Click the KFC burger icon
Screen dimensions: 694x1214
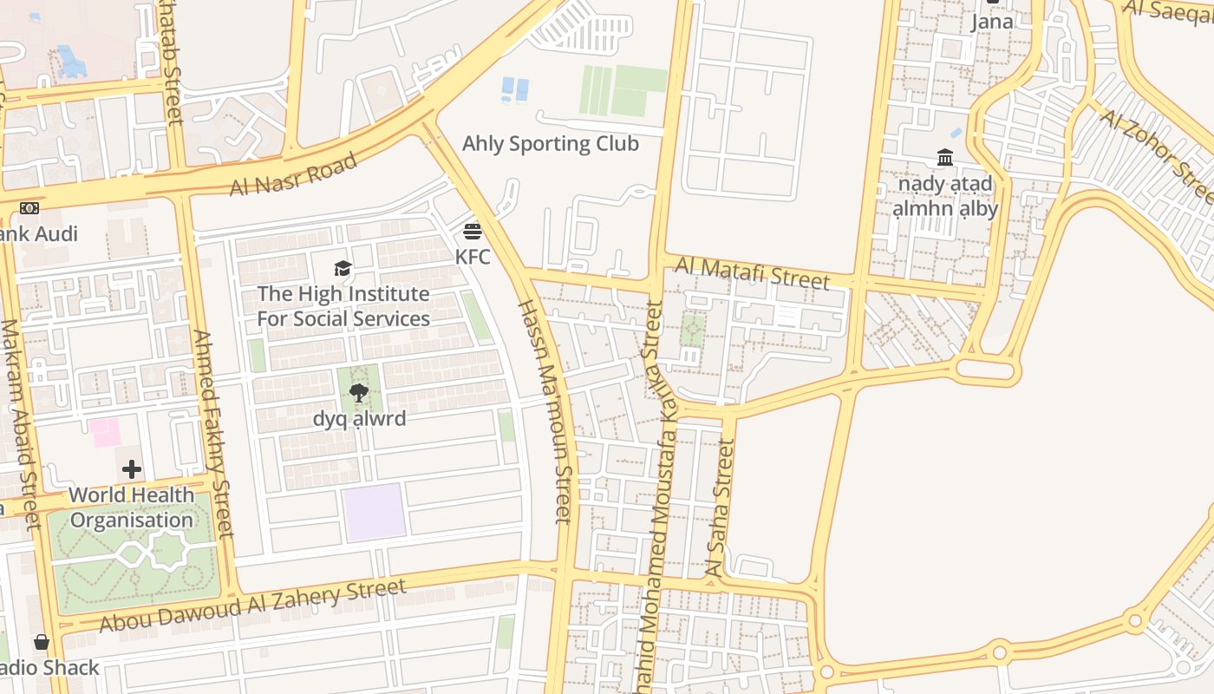click(473, 232)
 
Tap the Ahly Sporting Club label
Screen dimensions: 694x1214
click(550, 143)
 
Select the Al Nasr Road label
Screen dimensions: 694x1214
click(293, 174)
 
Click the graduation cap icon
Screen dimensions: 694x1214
click(343, 268)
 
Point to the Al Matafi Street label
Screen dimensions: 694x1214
click(752, 272)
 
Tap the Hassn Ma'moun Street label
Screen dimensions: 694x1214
click(545, 411)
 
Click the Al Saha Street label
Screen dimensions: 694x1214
click(721, 508)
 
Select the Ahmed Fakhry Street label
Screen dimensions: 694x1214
click(213, 433)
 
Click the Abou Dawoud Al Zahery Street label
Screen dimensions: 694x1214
click(252, 606)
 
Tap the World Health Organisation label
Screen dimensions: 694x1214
click(132, 507)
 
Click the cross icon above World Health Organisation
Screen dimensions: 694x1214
click(132, 470)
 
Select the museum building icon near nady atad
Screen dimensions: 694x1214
click(945, 158)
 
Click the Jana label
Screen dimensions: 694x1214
click(992, 22)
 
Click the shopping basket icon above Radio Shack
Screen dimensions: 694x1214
click(42, 643)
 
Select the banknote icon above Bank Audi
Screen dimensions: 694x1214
click(29, 208)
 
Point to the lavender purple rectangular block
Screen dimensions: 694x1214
click(374, 512)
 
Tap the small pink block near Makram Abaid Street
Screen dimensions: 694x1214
click(106, 432)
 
